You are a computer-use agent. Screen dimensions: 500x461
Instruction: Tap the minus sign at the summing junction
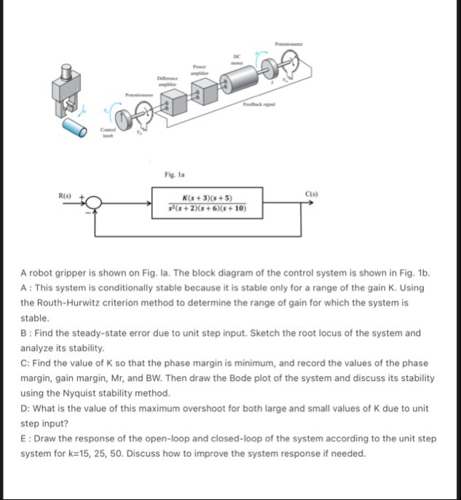pyautogui.click(x=90, y=212)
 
